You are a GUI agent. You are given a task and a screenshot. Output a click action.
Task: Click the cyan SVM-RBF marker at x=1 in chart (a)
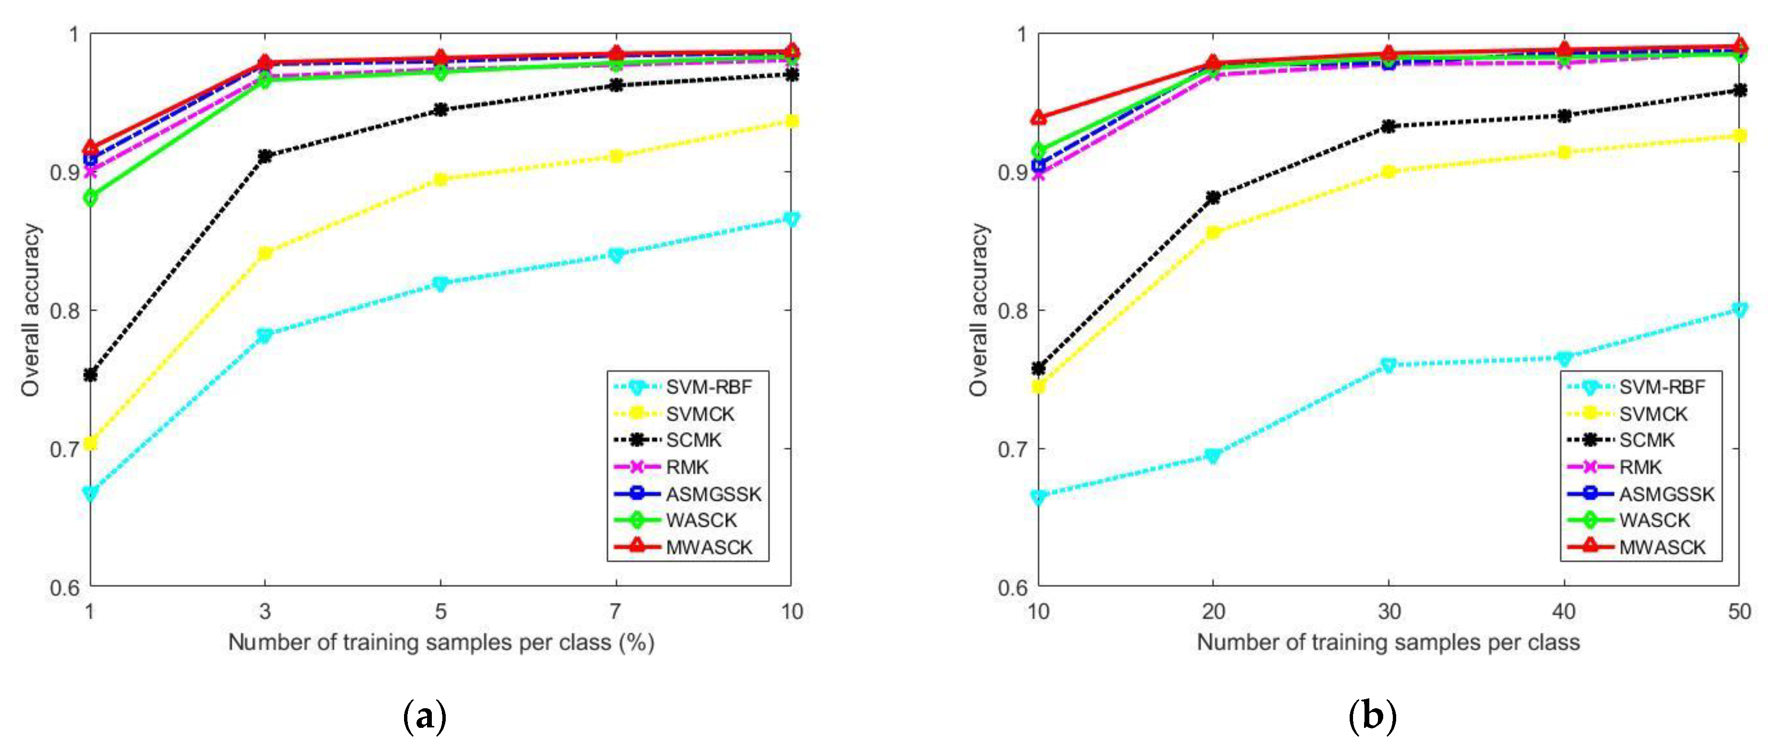tap(90, 493)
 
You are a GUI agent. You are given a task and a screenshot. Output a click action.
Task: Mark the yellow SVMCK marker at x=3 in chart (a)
tap(265, 253)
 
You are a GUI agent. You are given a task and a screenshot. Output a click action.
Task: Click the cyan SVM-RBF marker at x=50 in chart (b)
tap(1739, 310)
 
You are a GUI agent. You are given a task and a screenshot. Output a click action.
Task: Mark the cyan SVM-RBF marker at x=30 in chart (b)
tap(1388, 365)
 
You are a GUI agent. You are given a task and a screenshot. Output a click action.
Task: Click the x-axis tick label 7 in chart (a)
tap(616, 611)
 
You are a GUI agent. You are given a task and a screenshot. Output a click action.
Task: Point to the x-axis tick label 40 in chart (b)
tap(1564, 611)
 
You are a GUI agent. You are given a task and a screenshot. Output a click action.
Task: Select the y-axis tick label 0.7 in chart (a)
tap(63, 449)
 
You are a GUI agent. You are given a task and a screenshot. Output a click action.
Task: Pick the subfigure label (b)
tap(1373, 717)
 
